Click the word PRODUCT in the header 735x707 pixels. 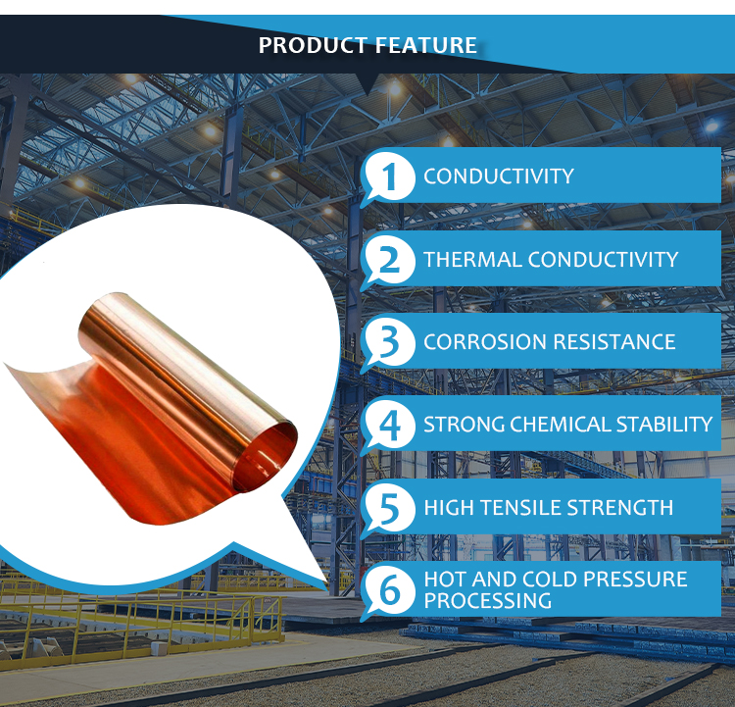point(313,45)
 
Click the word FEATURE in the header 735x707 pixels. point(425,45)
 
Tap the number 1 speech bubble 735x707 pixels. point(387,177)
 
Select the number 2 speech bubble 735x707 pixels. point(387,261)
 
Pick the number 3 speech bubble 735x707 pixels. point(387,343)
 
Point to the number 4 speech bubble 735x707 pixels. point(387,426)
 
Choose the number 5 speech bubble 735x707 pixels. point(387,509)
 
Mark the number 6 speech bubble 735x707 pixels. point(387,591)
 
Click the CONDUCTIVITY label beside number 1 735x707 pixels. point(498,177)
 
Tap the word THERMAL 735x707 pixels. point(472,260)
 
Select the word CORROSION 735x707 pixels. point(485,342)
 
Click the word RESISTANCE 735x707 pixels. point(614,342)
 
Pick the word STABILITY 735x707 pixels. point(664,425)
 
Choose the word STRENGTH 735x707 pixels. point(620,508)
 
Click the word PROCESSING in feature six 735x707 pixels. point(487,601)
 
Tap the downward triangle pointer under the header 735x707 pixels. point(368,83)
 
